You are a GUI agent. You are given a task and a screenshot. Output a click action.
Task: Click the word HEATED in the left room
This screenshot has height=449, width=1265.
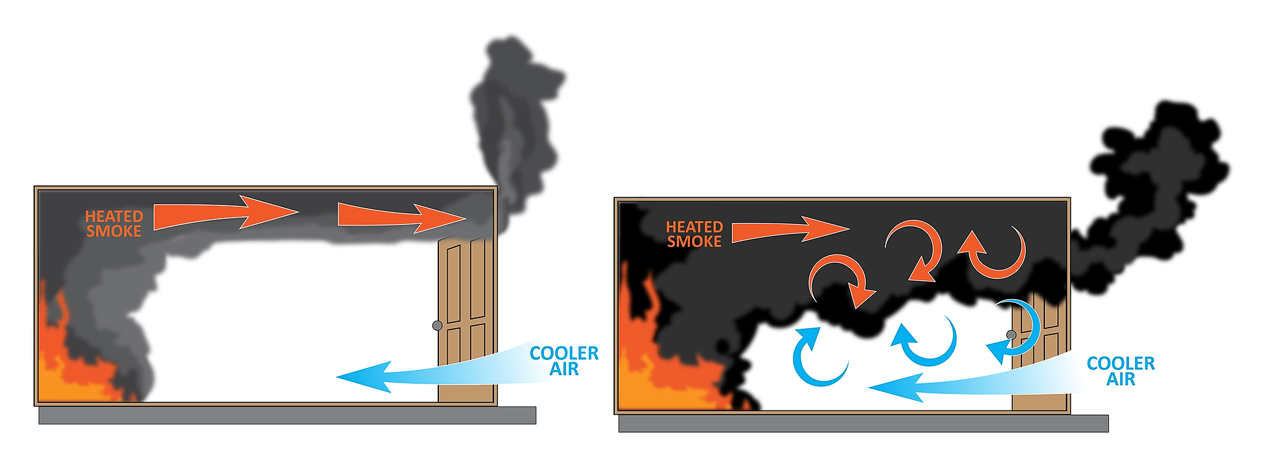(114, 216)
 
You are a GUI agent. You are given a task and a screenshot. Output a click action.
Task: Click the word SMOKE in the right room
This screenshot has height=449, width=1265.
(694, 242)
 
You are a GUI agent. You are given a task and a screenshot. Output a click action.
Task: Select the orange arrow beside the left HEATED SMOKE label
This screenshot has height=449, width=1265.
(221, 213)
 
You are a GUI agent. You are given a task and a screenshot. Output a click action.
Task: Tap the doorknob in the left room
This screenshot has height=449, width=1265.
(437, 326)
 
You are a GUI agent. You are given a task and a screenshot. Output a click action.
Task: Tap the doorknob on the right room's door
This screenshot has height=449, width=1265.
(1011, 335)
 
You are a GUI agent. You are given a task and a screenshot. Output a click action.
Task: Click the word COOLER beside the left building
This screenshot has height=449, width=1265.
(564, 354)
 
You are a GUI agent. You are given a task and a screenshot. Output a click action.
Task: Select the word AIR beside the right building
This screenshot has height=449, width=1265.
(1120, 379)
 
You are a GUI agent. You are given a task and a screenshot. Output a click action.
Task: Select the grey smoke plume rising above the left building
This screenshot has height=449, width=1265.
(512, 120)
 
